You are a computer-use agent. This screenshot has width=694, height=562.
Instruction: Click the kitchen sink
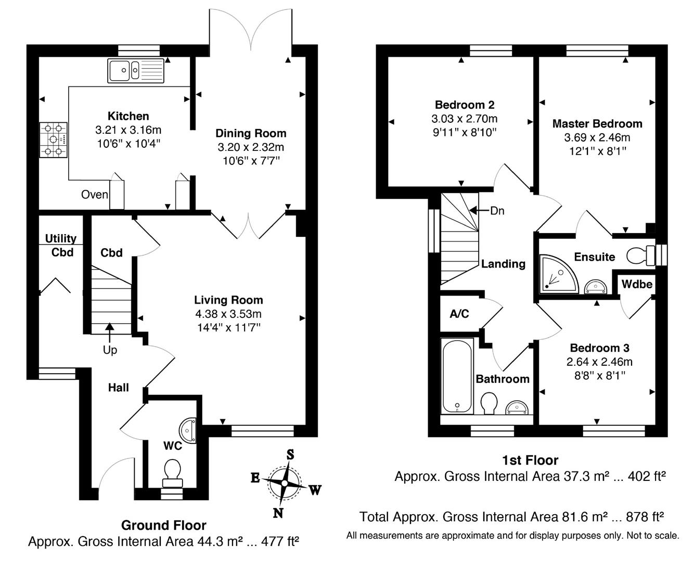pyautogui.click(x=136, y=70)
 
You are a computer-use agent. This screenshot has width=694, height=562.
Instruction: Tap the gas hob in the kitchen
pyautogui.click(x=54, y=140)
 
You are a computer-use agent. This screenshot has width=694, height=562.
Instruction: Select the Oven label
pyautogui.click(x=95, y=195)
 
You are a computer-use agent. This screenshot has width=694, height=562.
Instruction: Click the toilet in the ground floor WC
pyautogui.click(x=172, y=473)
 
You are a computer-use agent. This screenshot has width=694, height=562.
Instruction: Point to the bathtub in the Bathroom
pyautogui.click(x=457, y=376)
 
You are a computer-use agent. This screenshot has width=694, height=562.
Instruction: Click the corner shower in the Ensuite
pyautogui.click(x=558, y=274)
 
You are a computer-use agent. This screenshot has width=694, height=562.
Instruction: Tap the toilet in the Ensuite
pyautogui.click(x=640, y=256)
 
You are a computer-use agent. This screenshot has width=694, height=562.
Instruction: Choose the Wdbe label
pyautogui.click(x=637, y=284)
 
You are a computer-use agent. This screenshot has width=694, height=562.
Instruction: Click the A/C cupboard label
pyautogui.click(x=459, y=313)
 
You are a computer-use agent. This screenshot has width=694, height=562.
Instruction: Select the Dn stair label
pyautogui.click(x=497, y=211)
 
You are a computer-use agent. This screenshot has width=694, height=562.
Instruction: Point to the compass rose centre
pyautogui.click(x=285, y=483)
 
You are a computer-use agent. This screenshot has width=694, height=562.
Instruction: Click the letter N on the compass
pyautogui.click(x=278, y=513)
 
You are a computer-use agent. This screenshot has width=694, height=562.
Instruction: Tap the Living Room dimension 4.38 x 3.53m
pyautogui.click(x=228, y=314)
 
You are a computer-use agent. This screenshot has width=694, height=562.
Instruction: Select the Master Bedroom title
pyautogui.click(x=597, y=124)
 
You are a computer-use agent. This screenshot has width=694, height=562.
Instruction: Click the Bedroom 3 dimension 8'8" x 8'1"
pyautogui.click(x=599, y=376)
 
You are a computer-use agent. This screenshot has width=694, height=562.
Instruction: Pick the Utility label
pyautogui.click(x=60, y=238)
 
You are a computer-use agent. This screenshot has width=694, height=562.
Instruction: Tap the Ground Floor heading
pyautogui.click(x=163, y=526)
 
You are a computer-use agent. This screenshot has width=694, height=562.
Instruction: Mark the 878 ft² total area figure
pyautogui.click(x=645, y=517)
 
